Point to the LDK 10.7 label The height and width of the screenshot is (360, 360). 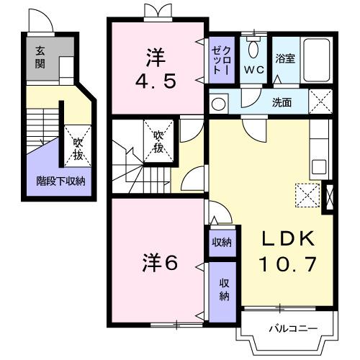point(287,252)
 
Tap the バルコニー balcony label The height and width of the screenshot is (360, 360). point(293,329)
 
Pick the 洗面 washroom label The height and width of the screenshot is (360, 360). point(282,102)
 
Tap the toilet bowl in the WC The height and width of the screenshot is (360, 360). point(253,50)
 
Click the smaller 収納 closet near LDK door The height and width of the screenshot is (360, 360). point(221,242)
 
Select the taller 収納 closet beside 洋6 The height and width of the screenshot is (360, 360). point(223,289)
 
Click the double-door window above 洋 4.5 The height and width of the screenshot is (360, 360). point(159,12)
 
